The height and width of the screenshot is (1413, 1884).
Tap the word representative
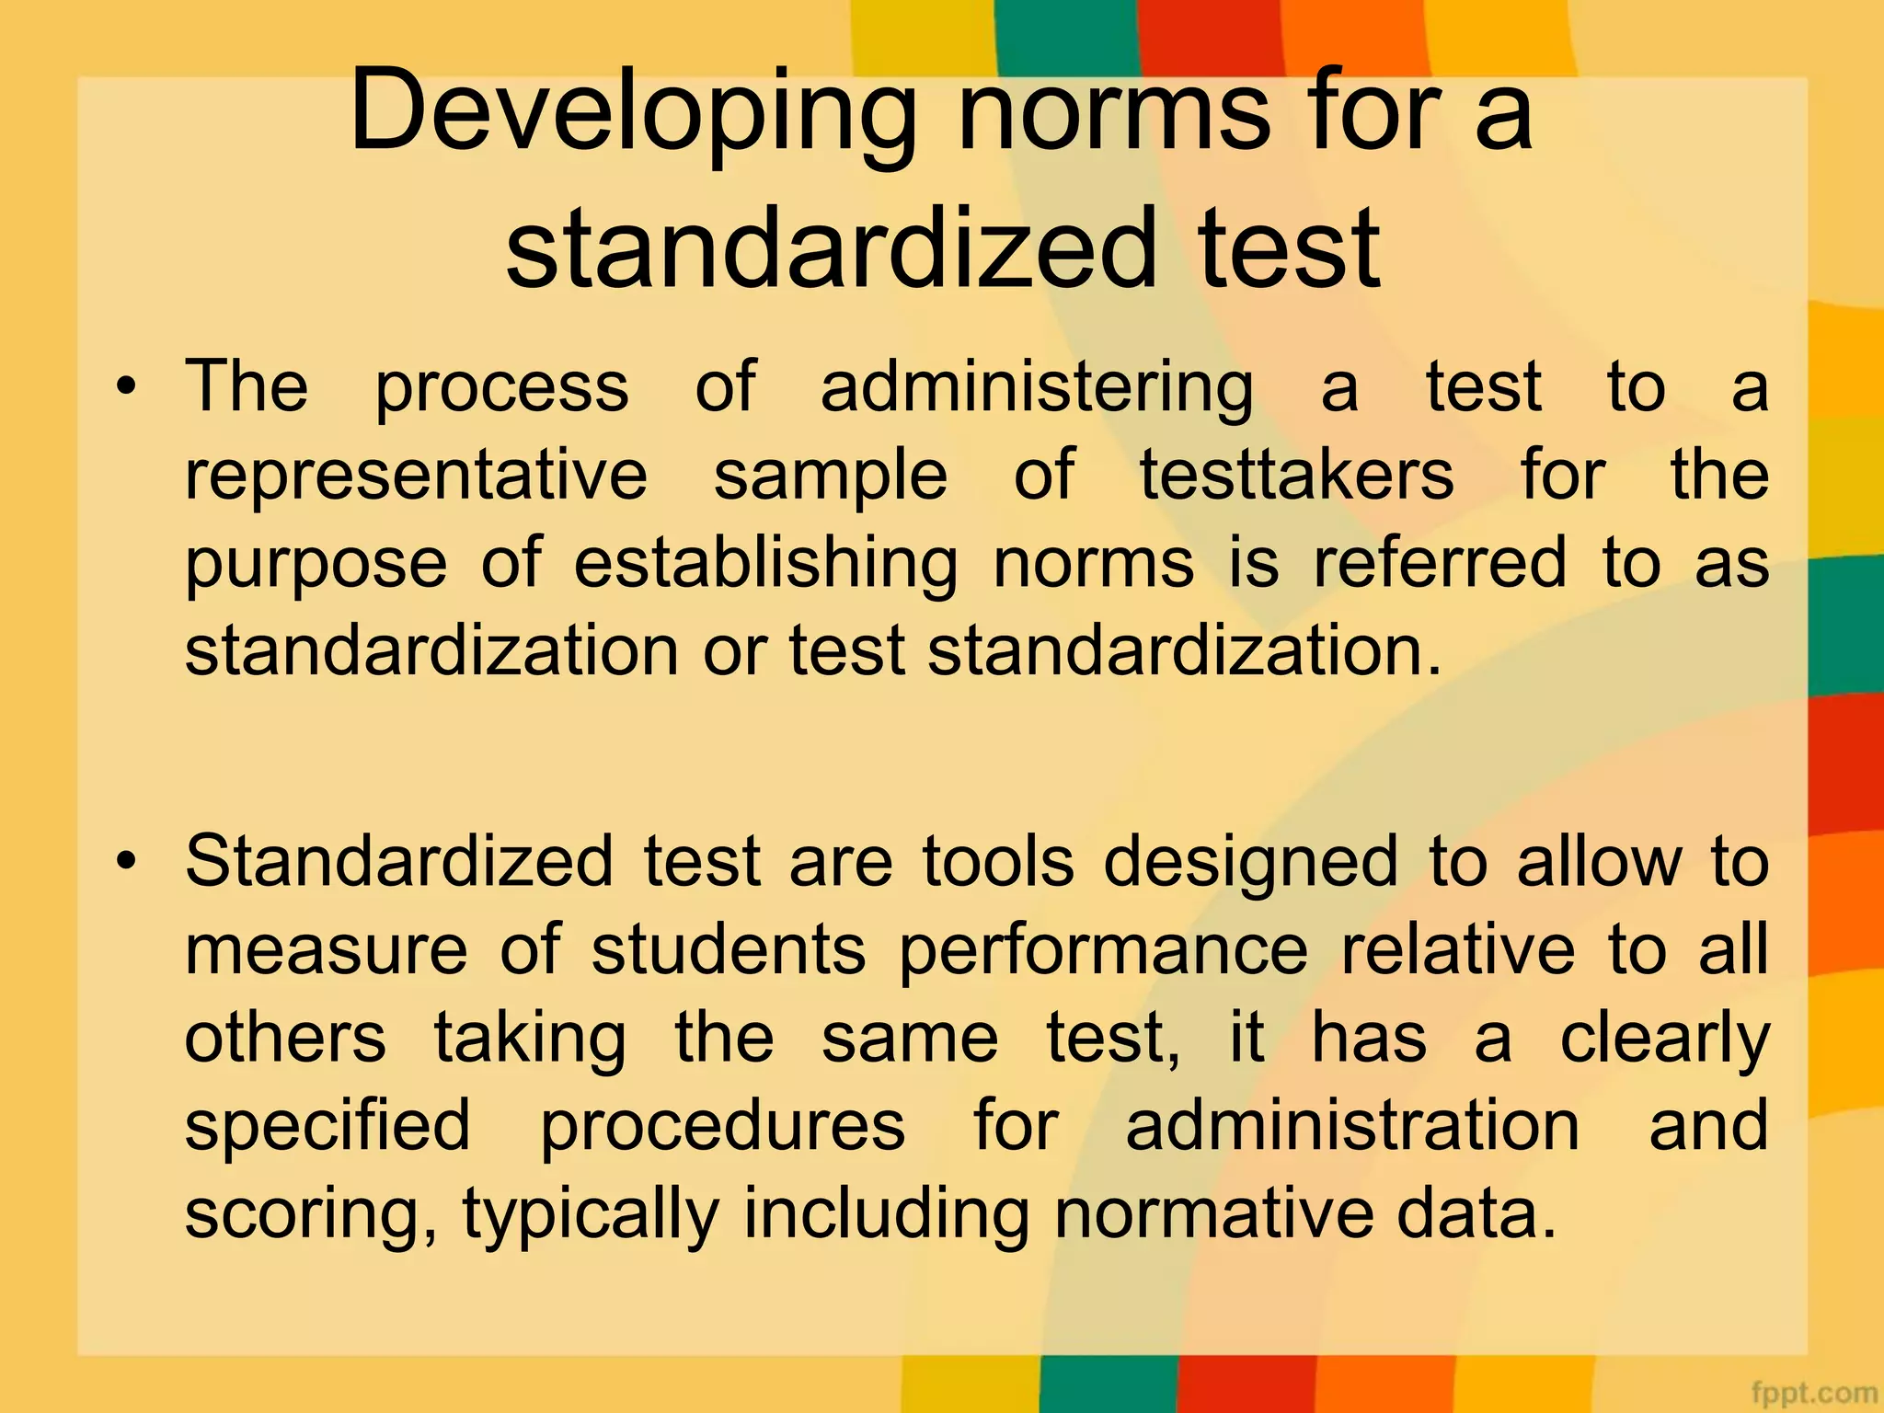[x=417, y=476]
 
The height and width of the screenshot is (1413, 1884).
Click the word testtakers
[x=1297, y=476]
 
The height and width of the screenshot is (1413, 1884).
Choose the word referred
[x=1440, y=563]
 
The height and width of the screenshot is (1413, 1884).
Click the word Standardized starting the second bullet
[x=399, y=862]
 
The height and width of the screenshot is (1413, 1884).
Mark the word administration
[x=1353, y=1126]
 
